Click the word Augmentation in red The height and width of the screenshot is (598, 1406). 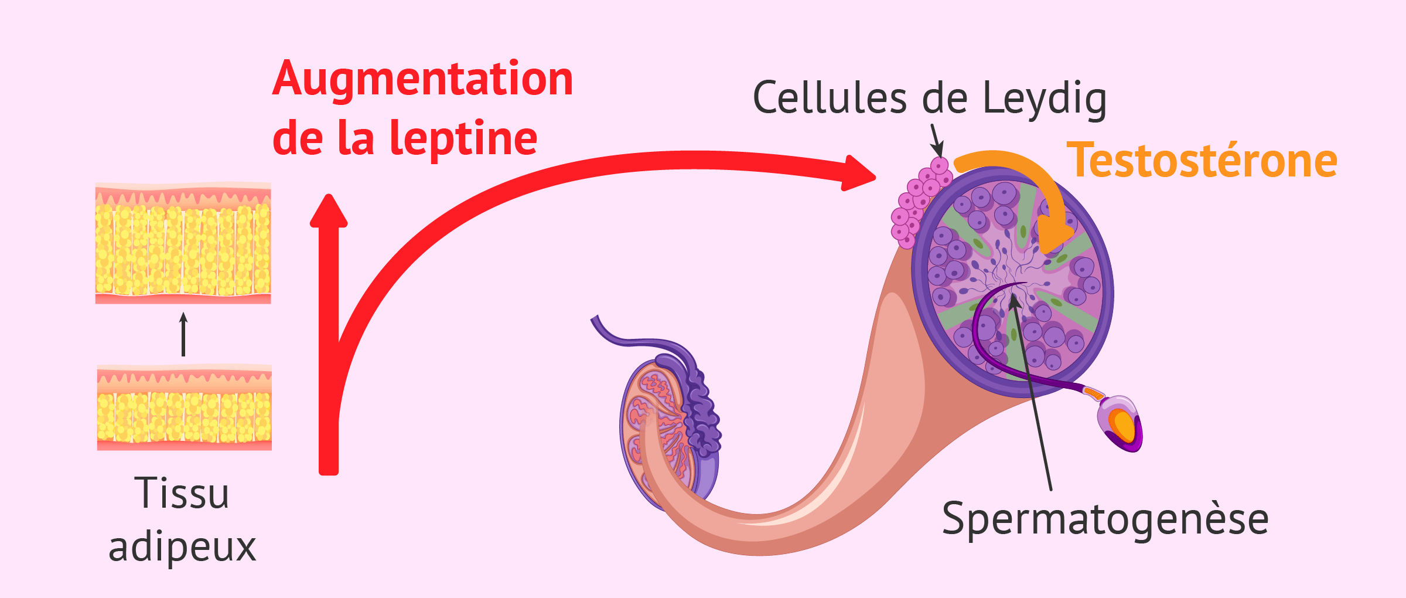click(422, 80)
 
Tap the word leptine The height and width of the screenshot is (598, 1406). click(463, 138)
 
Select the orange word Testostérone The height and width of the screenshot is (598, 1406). click(1202, 161)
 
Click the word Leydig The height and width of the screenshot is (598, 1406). click(1045, 98)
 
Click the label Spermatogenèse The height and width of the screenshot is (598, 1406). click(1105, 519)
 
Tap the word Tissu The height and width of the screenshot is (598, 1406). click(182, 494)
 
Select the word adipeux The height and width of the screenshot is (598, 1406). click(182, 547)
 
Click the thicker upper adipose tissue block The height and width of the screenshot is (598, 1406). click(183, 244)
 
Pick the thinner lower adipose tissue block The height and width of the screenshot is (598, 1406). click(184, 408)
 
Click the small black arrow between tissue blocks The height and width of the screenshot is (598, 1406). click(183, 334)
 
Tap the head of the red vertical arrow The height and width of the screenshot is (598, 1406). click(329, 211)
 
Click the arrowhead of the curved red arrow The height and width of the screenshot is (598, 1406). click(858, 174)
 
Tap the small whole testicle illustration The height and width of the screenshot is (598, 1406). click(668, 428)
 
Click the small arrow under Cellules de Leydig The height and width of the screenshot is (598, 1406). click(936, 141)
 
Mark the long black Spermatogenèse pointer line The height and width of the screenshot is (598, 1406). click(1035, 399)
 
